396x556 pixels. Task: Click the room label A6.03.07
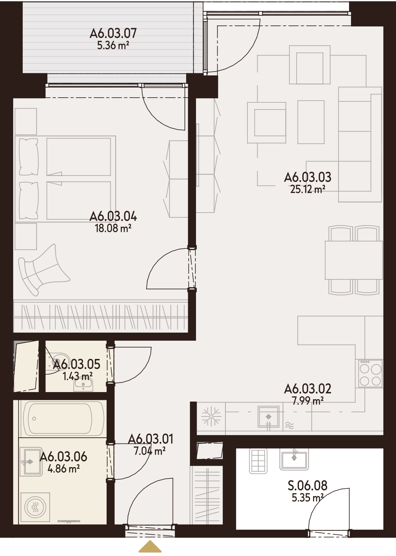click(113, 33)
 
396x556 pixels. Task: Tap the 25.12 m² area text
click(308, 189)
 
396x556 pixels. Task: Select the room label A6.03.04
click(113, 216)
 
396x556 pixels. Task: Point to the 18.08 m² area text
click(113, 228)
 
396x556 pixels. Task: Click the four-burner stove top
click(370, 373)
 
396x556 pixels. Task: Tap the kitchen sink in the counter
click(268, 417)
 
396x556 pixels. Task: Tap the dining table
click(354, 260)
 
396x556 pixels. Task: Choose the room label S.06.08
click(308, 485)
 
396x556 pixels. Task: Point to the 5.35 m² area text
click(308, 498)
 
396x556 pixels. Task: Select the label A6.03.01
click(151, 439)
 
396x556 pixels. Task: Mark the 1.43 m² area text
click(78, 376)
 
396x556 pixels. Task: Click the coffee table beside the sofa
click(311, 122)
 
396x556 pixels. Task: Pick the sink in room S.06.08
click(294, 460)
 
